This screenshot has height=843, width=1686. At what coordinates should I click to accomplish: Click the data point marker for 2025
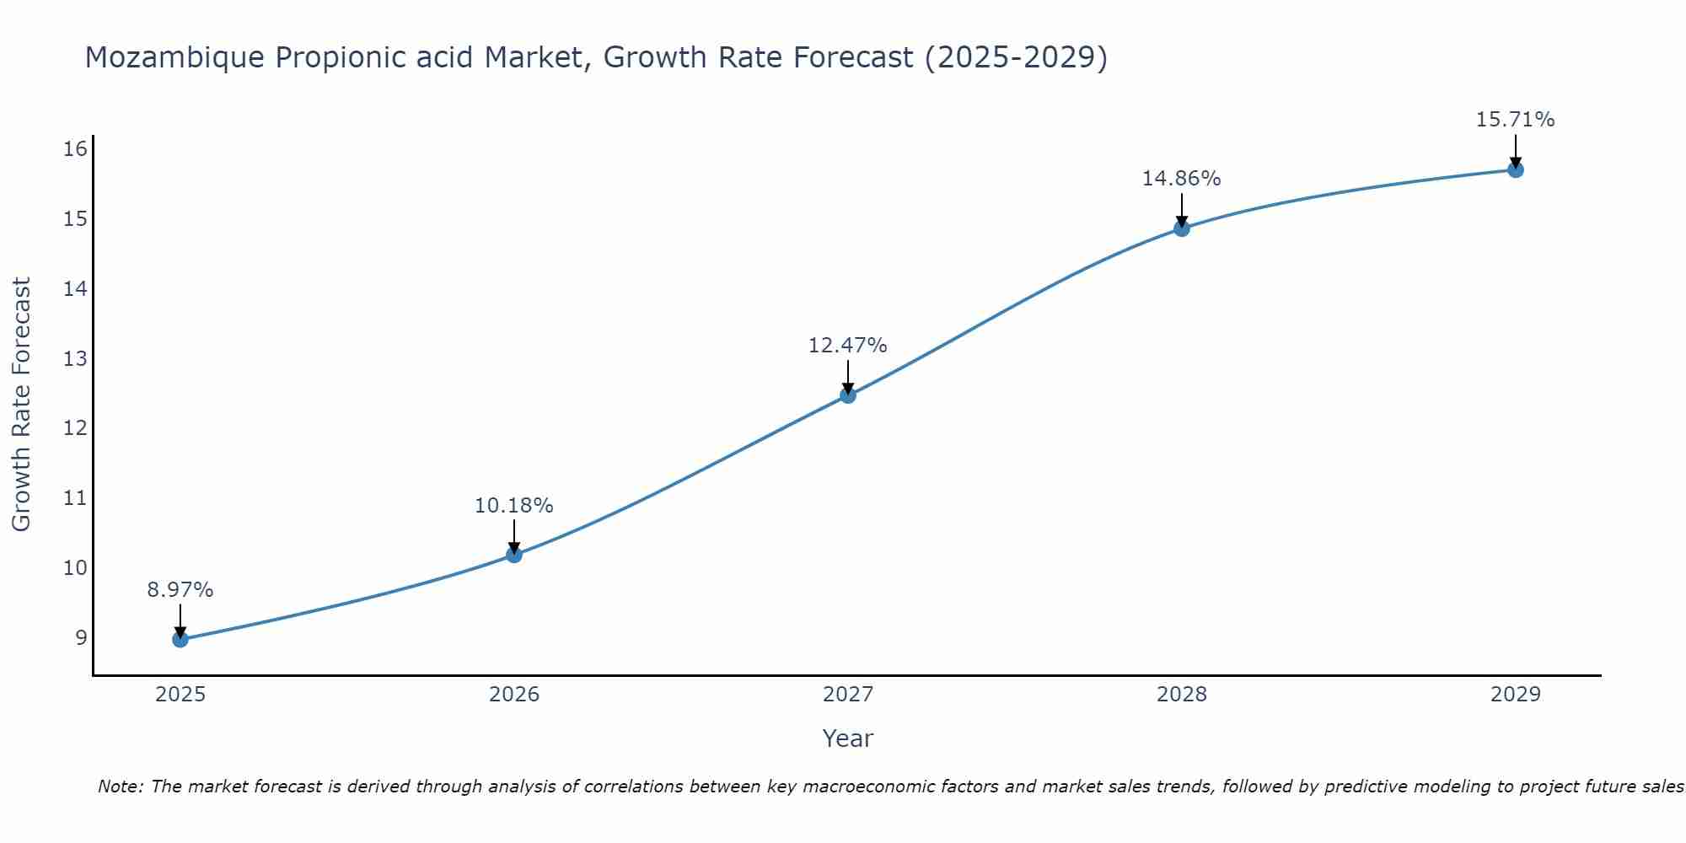(x=180, y=639)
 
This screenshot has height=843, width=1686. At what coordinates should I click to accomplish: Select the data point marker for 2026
(x=514, y=555)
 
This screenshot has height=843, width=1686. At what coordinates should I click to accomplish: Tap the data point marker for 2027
(x=848, y=395)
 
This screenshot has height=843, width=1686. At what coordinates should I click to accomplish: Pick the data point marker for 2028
(x=1182, y=228)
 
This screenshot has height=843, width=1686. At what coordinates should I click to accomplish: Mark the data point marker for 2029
(x=1515, y=169)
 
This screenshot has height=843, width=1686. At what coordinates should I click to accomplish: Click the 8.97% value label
(x=180, y=590)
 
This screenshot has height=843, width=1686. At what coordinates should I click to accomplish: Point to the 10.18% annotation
(x=514, y=506)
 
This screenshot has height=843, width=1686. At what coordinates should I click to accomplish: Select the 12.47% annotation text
(x=848, y=346)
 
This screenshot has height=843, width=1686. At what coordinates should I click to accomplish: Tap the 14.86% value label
(x=1182, y=179)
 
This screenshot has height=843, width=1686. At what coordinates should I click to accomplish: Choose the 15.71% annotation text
(x=1515, y=120)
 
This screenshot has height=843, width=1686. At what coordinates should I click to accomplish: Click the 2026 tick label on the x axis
(x=514, y=695)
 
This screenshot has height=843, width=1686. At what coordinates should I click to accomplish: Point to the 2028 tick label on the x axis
(x=1182, y=695)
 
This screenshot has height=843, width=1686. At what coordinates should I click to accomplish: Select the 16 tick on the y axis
(x=75, y=149)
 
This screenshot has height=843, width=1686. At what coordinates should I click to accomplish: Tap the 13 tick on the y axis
(x=75, y=358)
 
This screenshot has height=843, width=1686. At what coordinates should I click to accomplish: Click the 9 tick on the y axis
(x=81, y=637)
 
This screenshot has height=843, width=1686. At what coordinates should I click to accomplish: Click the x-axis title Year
(x=848, y=738)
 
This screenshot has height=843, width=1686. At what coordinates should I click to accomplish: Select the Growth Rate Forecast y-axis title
(x=22, y=405)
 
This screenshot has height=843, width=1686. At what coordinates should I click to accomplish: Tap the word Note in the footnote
(x=119, y=787)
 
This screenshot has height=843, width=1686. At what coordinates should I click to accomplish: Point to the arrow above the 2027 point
(x=848, y=375)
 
